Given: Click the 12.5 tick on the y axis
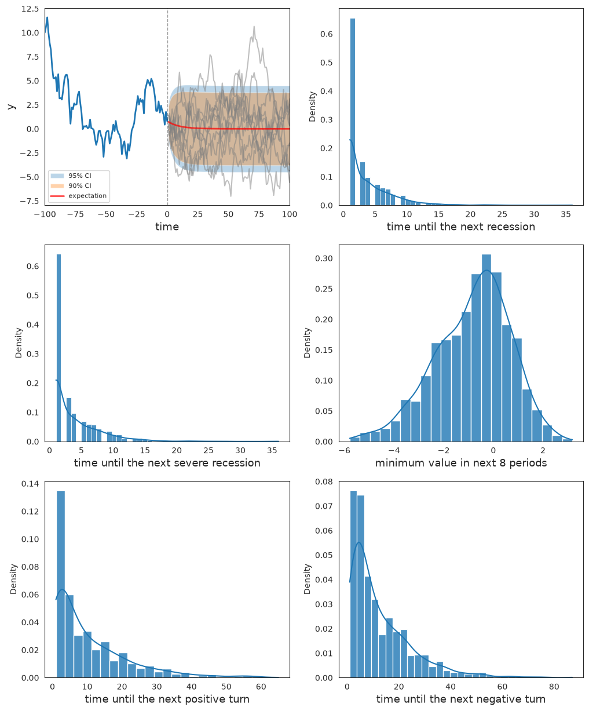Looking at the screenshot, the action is point(30,9).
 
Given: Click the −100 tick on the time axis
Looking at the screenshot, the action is point(45,214).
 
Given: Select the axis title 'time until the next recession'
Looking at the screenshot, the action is point(460,227).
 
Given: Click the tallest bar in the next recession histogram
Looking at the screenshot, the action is point(353,112).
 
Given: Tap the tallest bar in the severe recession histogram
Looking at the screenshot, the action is point(58,348).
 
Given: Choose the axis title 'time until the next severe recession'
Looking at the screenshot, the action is point(167,463).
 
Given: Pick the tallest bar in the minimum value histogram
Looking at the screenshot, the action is point(486,348).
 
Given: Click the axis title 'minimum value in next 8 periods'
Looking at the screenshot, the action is point(461,463).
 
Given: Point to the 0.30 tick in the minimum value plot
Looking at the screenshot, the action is point(324,258).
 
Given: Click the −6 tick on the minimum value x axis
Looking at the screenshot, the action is point(345,450).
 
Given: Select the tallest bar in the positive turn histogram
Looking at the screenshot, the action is point(61,584).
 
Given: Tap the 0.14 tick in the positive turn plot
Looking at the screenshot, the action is point(30,484).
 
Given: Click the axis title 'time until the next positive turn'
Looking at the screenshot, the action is point(167,699).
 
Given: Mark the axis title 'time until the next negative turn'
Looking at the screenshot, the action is point(461,699).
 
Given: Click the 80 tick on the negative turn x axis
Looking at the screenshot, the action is point(554,687).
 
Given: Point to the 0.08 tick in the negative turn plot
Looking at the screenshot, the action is point(324,482).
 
